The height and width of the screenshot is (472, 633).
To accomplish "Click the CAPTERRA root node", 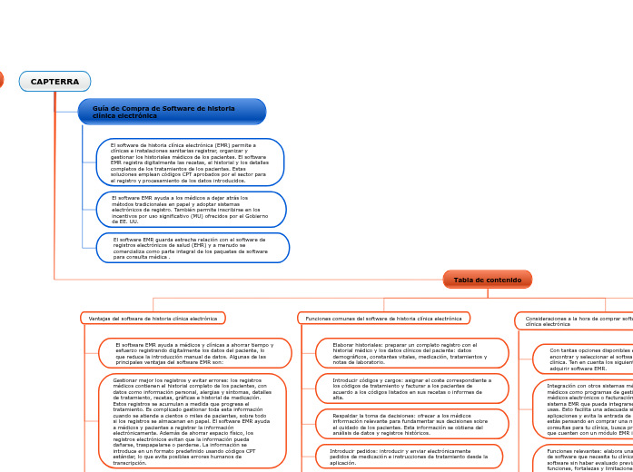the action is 54,82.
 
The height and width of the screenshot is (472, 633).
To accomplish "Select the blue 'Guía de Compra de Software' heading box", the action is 172,112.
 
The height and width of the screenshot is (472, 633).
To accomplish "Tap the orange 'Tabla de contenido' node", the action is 487,280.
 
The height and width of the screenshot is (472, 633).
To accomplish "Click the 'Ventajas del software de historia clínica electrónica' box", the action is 153,319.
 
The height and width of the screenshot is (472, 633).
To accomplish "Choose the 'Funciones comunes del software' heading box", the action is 383,319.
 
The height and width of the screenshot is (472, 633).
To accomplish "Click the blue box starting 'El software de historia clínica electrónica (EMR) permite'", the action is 190,162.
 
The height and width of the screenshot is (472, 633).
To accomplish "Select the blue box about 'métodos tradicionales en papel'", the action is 191,210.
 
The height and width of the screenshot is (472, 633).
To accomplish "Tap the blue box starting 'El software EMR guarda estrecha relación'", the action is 193,248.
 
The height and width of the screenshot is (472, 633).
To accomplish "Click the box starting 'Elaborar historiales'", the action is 411,353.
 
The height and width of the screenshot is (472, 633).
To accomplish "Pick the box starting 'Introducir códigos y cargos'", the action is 411,388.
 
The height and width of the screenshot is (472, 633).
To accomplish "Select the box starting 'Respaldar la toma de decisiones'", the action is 411,424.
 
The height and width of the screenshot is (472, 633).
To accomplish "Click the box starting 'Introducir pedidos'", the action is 409,456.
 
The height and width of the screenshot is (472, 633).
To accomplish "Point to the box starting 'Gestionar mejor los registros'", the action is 192,421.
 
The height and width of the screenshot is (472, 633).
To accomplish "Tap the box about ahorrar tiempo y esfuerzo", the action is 194,353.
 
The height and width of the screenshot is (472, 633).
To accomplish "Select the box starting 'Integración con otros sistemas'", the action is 586,408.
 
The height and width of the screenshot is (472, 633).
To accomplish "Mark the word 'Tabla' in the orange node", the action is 463,280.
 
